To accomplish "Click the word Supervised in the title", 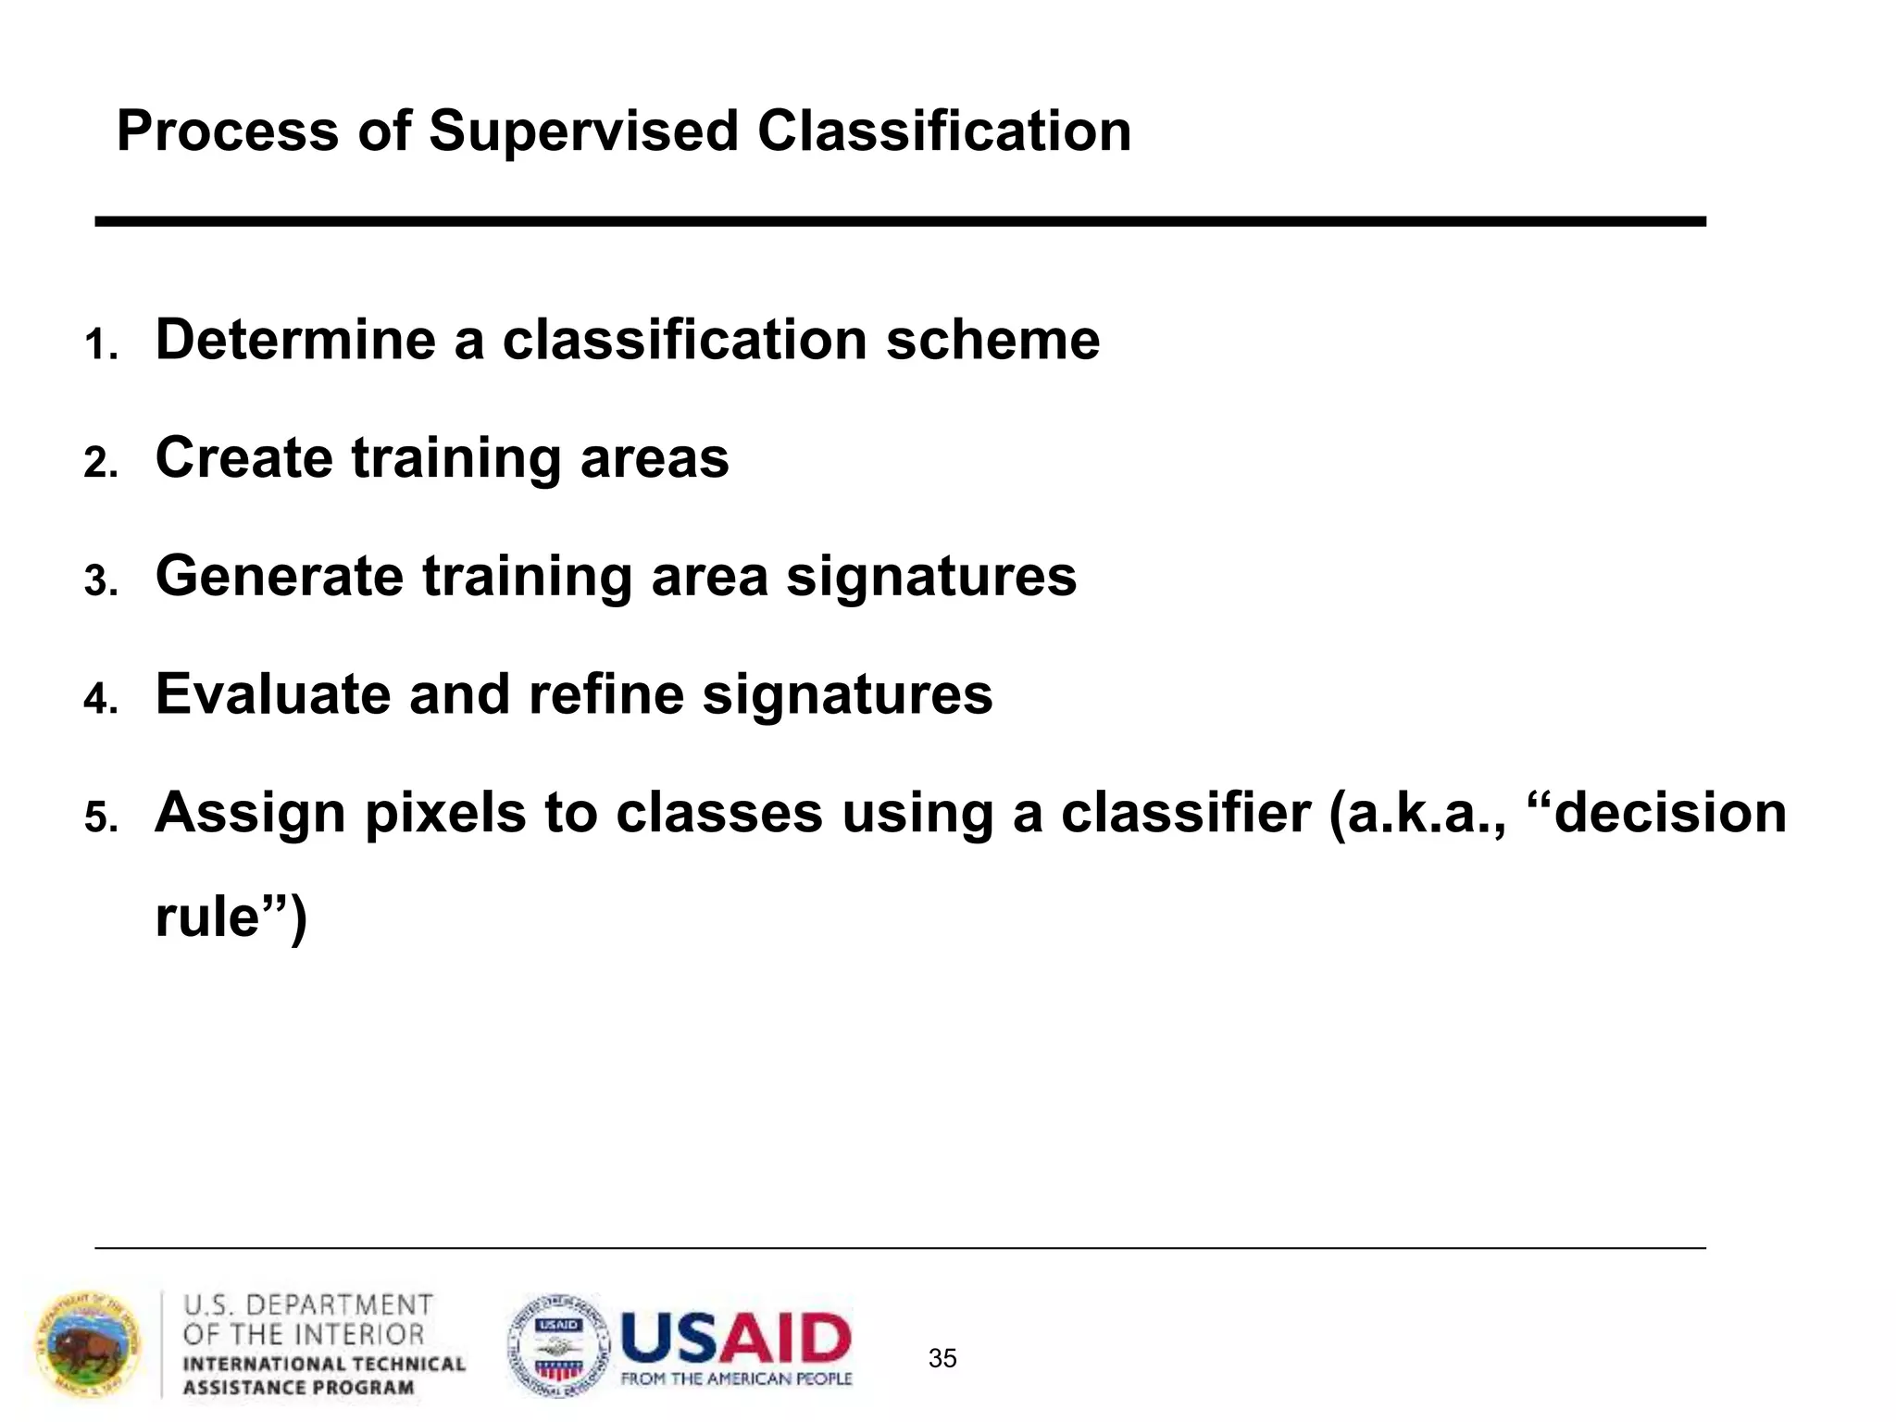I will point(583,131).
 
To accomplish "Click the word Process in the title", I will point(228,131).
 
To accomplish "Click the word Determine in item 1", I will point(295,340).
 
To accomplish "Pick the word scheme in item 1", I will point(992,340).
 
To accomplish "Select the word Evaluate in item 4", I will point(273,694).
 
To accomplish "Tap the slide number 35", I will point(942,1358).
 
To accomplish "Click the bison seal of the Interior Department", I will point(89,1345).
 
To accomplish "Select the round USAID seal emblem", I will point(559,1345).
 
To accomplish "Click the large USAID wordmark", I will point(736,1338).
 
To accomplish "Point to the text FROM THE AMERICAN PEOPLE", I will point(736,1379).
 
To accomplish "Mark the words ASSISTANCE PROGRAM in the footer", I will point(298,1387).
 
